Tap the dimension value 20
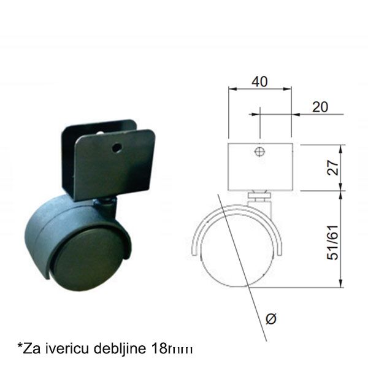tap(320, 107)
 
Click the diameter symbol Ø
tap(272, 317)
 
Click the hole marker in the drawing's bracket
tap(260, 151)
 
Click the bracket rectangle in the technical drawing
tap(260, 167)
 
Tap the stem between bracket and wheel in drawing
tap(260, 197)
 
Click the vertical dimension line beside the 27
tap(341, 167)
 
